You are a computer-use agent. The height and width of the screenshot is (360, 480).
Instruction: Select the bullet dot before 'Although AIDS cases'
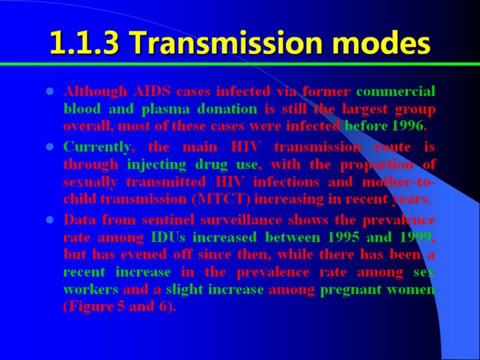tap(49, 91)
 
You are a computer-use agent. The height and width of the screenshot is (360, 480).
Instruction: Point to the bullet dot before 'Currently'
tap(49, 147)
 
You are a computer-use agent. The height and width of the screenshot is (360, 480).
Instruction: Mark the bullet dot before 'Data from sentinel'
tap(49, 220)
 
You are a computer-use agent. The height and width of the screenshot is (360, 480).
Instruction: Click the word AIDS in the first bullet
tap(151, 91)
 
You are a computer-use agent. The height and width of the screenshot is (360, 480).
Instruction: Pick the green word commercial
tap(395, 91)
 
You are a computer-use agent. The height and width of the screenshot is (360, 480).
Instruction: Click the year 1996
tap(407, 125)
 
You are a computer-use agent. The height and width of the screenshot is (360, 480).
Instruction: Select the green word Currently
tap(97, 147)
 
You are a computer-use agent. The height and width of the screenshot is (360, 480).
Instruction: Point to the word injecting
tap(157, 165)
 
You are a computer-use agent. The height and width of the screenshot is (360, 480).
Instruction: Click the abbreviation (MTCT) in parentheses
tap(221, 199)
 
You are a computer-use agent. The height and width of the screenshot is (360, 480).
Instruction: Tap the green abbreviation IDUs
tap(168, 237)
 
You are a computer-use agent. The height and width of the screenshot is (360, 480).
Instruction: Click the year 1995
tap(343, 237)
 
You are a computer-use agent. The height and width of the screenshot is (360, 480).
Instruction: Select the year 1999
tap(416, 237)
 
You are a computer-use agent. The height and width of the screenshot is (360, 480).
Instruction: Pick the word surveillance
tap(241, 220)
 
